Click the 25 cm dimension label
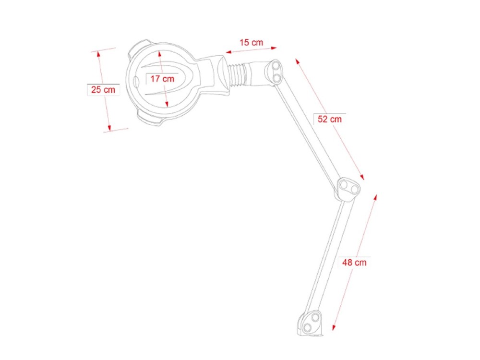coord(103,89)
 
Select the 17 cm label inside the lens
coord(162,79)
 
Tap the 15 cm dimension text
coord(251,42)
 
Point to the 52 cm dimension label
coord(329,119)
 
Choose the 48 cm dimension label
coord(354,262)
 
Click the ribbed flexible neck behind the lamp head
coord(238,74)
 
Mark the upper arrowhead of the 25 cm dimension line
coord(99,53)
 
